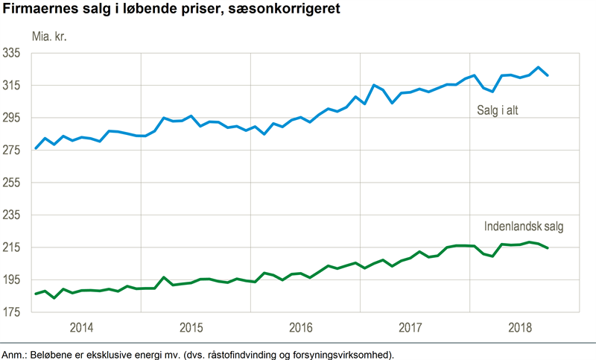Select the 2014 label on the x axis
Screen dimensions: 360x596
click(81, 328)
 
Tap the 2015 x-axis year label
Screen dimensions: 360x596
click(191, 328)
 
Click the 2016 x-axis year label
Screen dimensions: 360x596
click(301, 328)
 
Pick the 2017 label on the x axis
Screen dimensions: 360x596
click(410, 328)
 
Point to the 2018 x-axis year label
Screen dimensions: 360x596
click(520, 328)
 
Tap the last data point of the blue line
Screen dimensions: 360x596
click(548, 75)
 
